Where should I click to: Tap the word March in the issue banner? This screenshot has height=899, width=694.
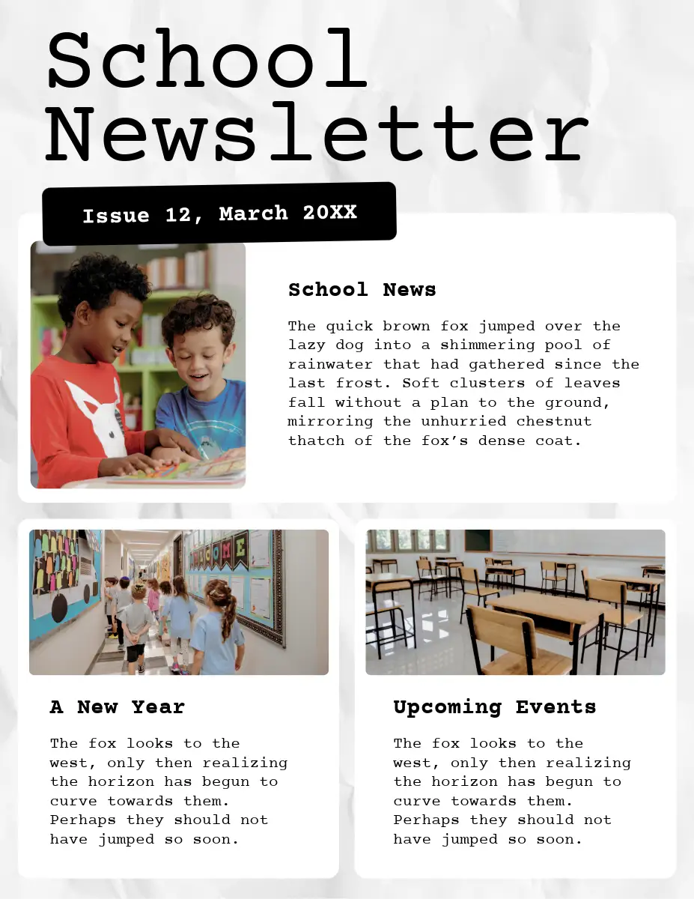point(253,214)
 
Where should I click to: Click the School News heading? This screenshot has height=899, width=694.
point(362,290)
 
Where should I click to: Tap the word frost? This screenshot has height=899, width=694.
point(367,383)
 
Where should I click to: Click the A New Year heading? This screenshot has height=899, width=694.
point(117,706)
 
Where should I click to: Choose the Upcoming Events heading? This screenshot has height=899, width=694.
point(494,706)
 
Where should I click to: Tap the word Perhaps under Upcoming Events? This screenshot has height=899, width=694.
point(427,820)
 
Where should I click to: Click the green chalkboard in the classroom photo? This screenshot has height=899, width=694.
point(478,540)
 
